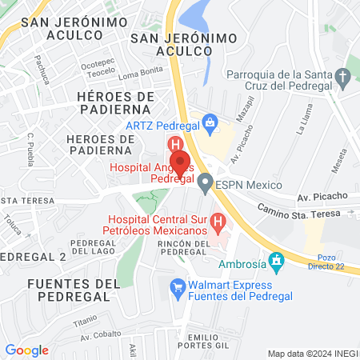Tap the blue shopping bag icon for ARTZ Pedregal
click(x=210, y=122)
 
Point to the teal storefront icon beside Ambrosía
click(x=277, y=260)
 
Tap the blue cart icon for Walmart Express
click(x=177, y=285)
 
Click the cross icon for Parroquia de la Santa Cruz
click(x=343, y=78)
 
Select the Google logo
click(x=26, y=350)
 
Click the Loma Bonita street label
click(x=139, y=75)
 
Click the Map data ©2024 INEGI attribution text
click(x=311, y=354)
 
